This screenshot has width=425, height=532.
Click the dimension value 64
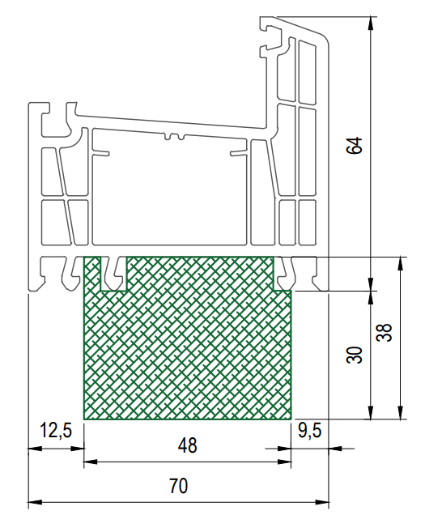355,146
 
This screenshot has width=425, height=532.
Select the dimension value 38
385,332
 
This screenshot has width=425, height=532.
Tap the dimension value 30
355,355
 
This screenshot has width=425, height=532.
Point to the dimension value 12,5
56,431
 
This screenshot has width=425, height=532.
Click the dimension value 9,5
310,431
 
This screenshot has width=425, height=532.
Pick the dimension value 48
187,445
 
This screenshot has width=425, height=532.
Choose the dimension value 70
178,486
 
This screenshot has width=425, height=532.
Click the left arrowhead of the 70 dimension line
35,502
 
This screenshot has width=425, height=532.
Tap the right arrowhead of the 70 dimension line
322,502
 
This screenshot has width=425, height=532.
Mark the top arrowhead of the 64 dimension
371,23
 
